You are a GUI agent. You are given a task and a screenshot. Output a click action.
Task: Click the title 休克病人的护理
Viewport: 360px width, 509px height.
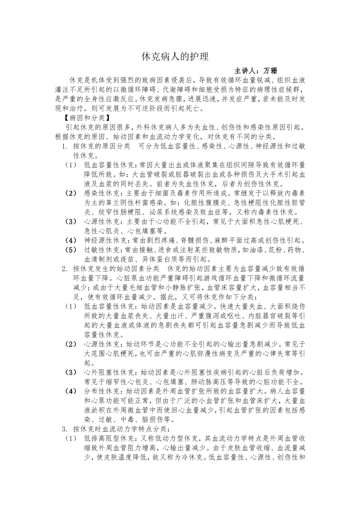click(x=175, y=57)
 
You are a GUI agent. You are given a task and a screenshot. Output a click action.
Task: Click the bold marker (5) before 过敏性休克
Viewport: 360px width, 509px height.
click(x=71, y=250)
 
